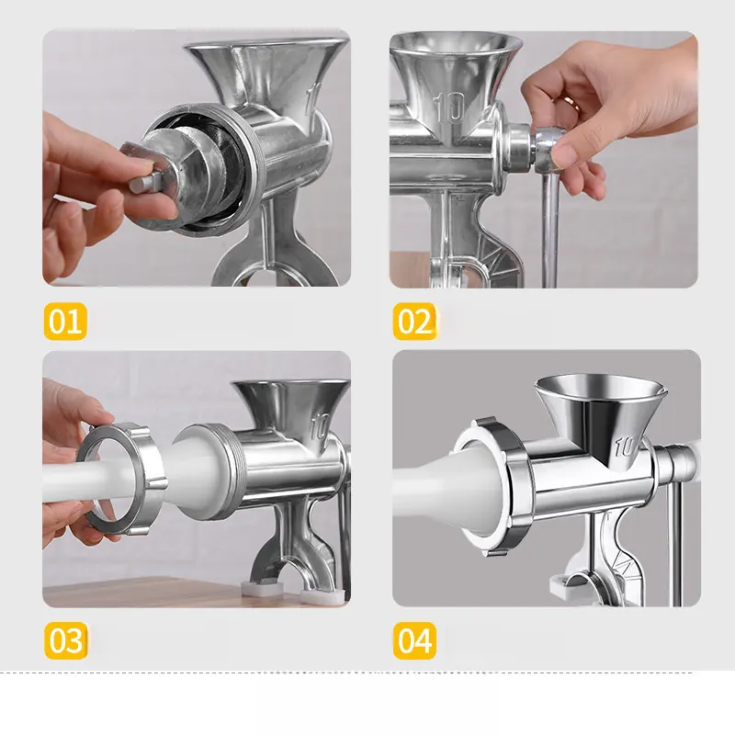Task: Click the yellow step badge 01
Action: (x=65, y=321)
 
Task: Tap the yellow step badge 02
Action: (x=414, y=321)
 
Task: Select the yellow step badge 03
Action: (x=65, y=640)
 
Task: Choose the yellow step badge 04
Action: (x=414, y=640)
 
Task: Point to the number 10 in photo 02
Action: (x=449, y=107)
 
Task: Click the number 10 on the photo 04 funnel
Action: (x=626, y=446)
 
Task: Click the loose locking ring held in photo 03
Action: (x=123, y=478)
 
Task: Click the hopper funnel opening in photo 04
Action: (x=600, y=388)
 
